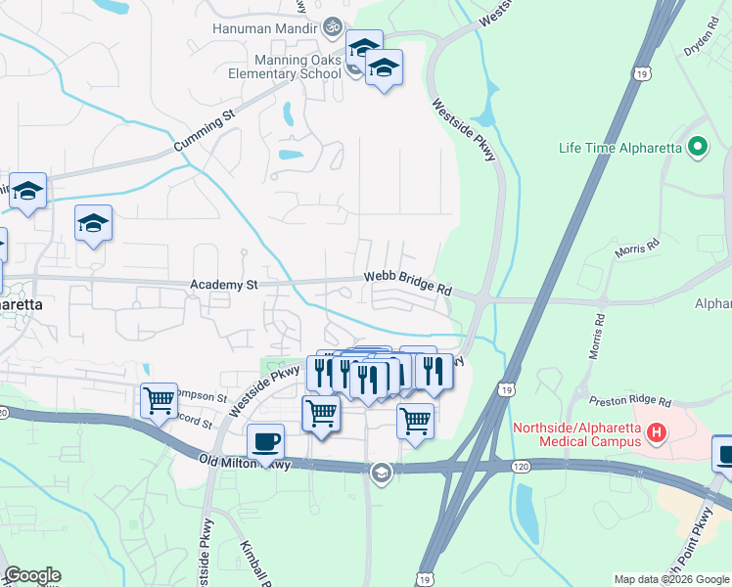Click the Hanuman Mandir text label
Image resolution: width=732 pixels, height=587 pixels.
[265, 27]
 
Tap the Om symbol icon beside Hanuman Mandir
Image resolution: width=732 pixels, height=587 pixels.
[332, 27]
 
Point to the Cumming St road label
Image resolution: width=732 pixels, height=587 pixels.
[206, 130]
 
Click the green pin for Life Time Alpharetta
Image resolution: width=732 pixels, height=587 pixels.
[698, 148]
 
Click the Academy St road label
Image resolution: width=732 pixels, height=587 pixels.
[224, 285]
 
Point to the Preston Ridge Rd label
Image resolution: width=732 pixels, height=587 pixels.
[630, 401]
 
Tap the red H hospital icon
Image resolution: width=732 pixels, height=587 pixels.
[658, 431]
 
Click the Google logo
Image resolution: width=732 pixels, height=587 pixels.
[32, 575]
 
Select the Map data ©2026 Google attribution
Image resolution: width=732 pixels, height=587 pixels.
[671, 579]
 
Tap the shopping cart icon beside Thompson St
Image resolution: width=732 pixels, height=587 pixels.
[158, 399]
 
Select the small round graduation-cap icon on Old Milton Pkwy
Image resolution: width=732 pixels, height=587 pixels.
[380, 474]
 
